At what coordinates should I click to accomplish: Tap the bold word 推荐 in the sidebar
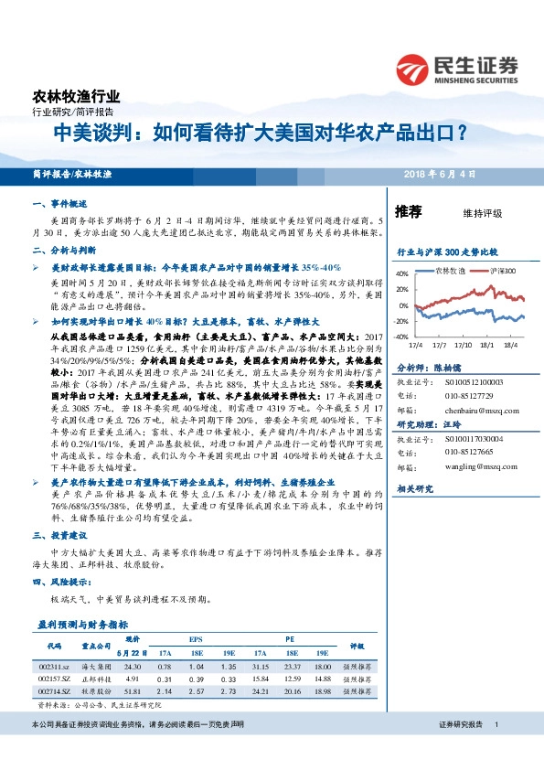(x=408, y=211)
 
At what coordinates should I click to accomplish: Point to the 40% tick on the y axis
(x=401, y=273)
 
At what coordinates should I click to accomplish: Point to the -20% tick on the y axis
(x=400, y=321)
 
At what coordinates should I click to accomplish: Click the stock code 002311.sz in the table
(x=54, y=667)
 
